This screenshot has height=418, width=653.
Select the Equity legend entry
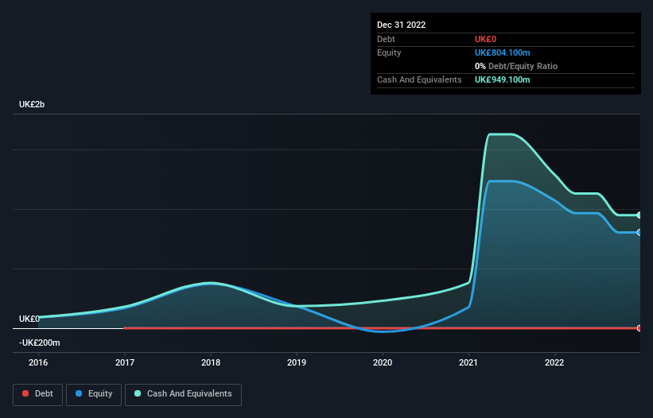point(94,393)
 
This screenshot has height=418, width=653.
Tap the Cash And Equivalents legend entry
point(183,393)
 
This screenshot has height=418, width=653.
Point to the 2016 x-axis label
point(38,362)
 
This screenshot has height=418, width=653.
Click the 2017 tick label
point(125,362)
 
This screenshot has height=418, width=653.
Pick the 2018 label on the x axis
point(211,362)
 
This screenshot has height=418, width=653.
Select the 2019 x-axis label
point(297,362)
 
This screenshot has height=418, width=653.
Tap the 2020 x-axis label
point(383,362)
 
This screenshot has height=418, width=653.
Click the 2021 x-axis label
point(468,362)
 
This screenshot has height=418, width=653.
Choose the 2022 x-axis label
point(554,362)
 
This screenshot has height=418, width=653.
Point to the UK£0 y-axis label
point(29,319)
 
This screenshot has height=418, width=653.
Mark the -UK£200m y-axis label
point(40,343)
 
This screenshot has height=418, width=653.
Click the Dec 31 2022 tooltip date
point(401,25)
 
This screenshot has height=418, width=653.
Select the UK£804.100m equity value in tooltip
point(502,52)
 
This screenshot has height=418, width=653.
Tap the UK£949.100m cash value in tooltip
point(502,79)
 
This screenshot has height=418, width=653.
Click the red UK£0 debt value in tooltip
point(486,39)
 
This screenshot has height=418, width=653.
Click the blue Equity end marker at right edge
point(639,232)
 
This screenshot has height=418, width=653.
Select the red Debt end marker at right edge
point(639,327)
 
